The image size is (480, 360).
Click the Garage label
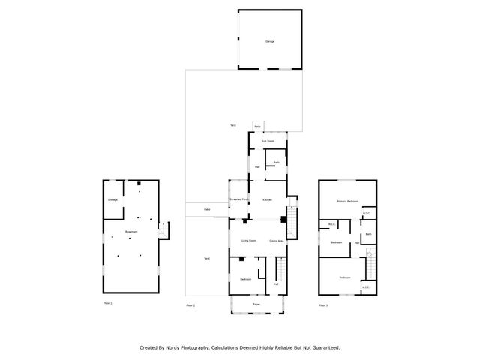(269, 41)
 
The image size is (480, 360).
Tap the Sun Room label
(268, 141)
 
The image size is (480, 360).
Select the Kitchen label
(267, 200)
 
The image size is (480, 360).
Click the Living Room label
(249, 240)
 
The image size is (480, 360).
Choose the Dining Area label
(276, 240)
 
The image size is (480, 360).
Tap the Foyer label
(256, 304)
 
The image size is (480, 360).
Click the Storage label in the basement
(112, 200)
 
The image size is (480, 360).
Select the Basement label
(131, 232)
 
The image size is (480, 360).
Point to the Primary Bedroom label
(346, 201)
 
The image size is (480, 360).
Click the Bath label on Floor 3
(368, 235)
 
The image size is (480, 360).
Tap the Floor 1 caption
(107, 303)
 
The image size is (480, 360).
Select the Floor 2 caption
(190, 305)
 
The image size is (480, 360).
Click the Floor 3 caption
(323, 305)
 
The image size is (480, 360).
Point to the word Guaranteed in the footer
(323, 347)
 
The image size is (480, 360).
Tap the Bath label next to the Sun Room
(276, 163)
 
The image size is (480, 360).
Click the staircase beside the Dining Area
(293, 220)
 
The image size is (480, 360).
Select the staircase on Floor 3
(369, 259)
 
